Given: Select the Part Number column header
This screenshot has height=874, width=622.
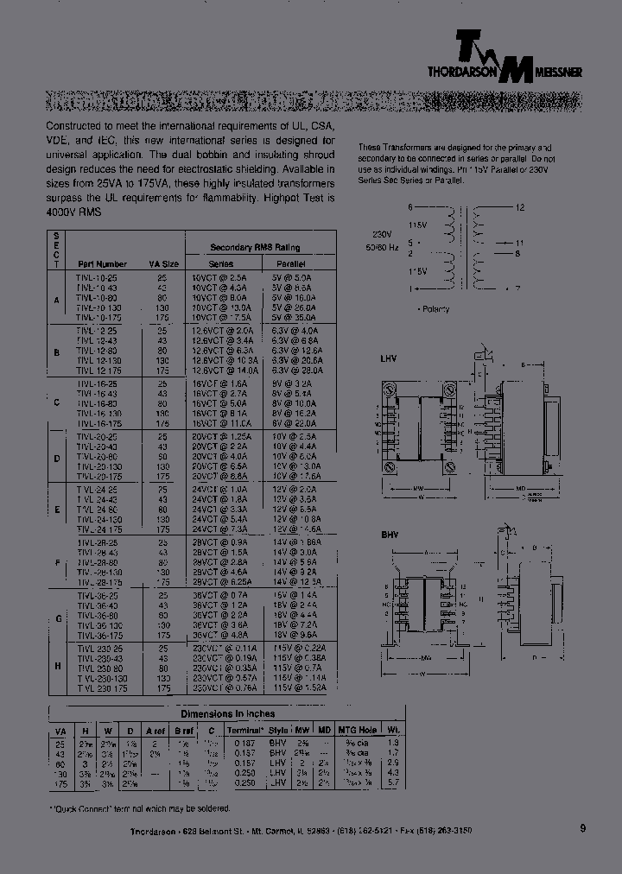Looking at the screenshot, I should [102, 263].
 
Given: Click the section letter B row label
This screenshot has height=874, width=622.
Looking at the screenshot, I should [56, 352].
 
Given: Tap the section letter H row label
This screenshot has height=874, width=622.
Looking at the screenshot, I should [56, 666].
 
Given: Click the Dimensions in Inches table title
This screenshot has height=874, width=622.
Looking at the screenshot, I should [227, 713].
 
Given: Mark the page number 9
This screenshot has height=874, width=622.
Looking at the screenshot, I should [582, 828].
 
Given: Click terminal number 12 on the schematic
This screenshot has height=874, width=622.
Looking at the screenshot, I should [519, 208].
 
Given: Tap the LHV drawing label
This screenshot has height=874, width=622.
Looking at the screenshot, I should [390, 358].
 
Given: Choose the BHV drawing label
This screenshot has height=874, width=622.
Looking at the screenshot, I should [390, 535].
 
